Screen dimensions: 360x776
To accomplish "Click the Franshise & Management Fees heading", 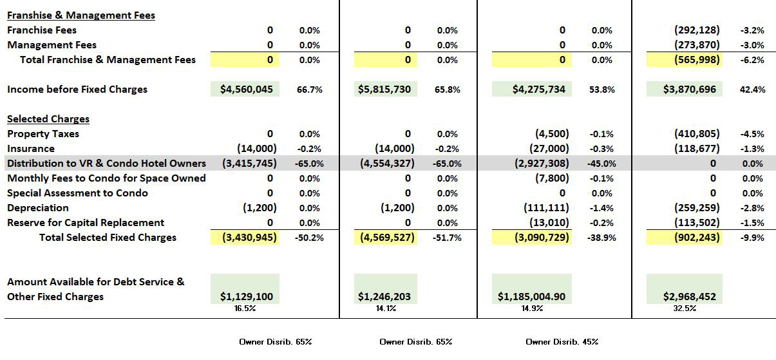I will tap(81, 15).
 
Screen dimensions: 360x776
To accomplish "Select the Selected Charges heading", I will tap(48, 119).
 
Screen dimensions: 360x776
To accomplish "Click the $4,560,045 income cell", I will tap(245, 90).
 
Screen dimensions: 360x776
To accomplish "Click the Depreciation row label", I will tap(38, 208).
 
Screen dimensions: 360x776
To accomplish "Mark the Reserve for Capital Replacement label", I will tap(86, 223).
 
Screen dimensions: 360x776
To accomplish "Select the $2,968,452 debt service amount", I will tap(689, 297).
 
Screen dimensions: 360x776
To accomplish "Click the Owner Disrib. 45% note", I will tap(562, 341).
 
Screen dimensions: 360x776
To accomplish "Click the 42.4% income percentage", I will tap(752, 90).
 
